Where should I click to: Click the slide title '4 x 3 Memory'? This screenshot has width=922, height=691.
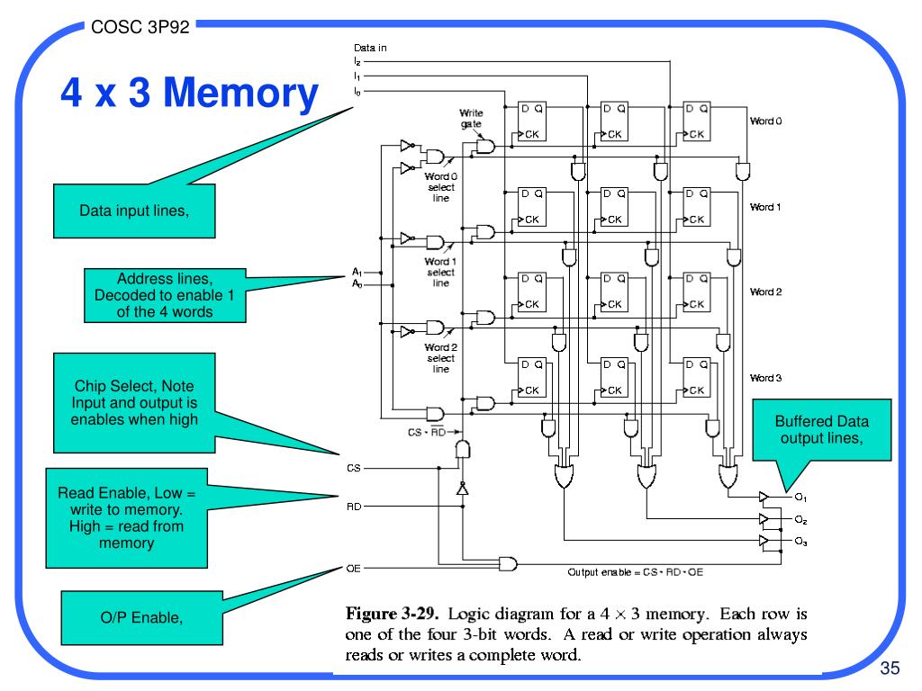pos(189,93)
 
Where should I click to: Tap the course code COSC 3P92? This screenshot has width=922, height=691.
pos(140,27)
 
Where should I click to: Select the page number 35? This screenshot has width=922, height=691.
pos(890,669)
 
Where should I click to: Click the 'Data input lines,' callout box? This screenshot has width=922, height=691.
pos(134,211)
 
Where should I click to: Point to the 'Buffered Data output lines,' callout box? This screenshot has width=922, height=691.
pos(821,429)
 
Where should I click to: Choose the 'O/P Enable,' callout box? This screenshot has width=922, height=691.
pos(141,617)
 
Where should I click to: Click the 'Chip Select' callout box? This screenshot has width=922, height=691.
pos(134,403)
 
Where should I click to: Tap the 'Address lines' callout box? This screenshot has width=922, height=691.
pos(165,295)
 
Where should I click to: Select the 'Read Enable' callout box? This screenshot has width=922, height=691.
pos(126,517)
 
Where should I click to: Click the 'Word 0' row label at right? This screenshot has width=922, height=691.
pos(765,121)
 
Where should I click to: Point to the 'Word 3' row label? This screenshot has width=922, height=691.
pos(765,378)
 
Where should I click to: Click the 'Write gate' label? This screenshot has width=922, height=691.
pos(471,118)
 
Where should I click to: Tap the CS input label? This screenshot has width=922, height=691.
pos(353,468)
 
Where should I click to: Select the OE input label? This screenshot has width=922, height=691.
pos(353,569)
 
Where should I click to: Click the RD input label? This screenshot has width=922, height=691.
pos(353,507)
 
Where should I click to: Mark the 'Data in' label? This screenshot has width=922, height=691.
pos(370,48)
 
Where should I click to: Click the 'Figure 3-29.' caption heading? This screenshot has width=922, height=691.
pos(392,614)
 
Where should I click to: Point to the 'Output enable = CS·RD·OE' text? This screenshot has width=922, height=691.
pos(635,571)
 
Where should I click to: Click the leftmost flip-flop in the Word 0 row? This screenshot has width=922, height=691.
pos(531,121)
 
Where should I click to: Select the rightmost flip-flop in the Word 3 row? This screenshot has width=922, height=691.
pos(696,378)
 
